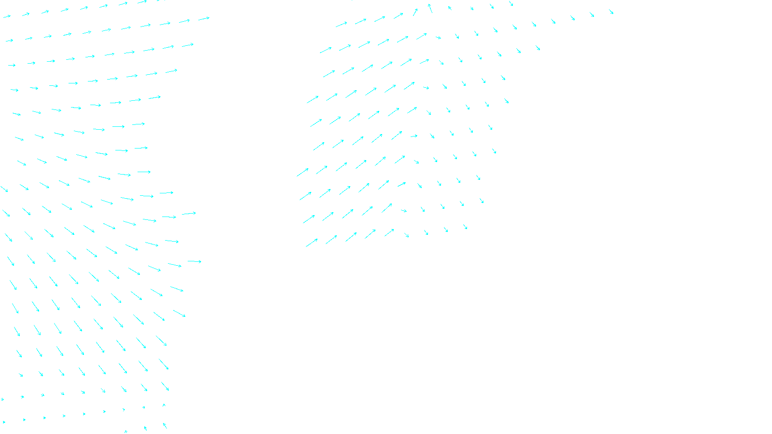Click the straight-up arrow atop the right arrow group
click(430, 8)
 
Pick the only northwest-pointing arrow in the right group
click(450, 8)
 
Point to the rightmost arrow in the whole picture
click(611, 12)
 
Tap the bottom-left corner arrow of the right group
click(312, 243)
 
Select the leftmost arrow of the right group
click(303, 172)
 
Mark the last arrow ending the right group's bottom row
click(465, 227)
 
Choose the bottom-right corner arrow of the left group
click(165, 426)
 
